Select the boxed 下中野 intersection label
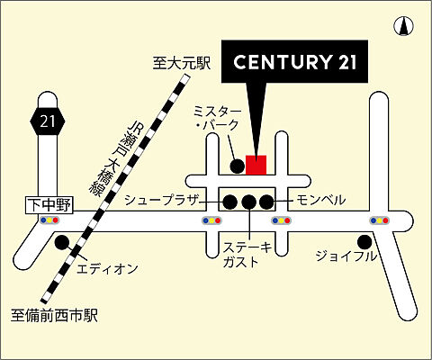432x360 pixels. point(47,205)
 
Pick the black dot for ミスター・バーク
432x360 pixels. point(237,166)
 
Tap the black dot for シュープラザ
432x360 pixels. point(229,201)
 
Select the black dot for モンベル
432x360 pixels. point(266,201)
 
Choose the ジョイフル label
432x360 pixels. point(346,256)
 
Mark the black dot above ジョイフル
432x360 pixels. point(364,241)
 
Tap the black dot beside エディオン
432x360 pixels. point(61,242)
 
